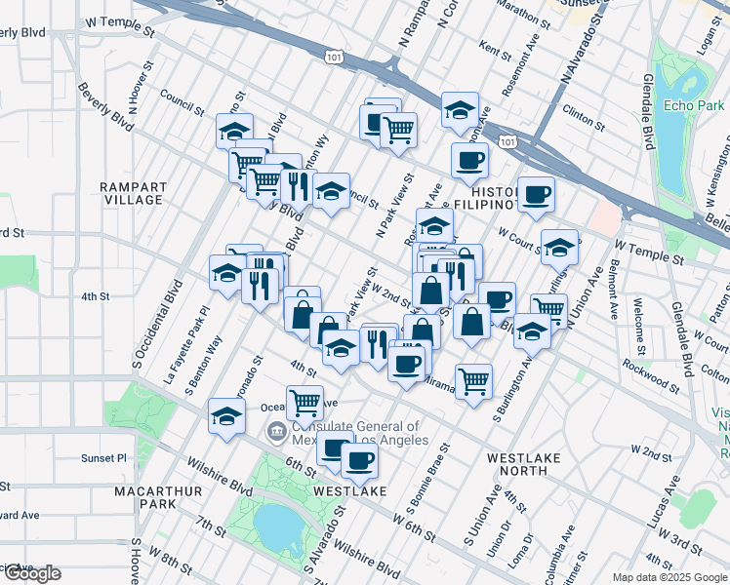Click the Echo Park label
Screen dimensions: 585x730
coord(691,105)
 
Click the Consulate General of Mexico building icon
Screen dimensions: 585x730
coord(277,431)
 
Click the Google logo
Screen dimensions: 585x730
coord(31,573)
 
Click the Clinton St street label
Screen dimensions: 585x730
coord(584,117)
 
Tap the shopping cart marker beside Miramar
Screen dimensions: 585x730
coord(473,381)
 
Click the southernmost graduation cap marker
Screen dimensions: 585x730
coord(226,416)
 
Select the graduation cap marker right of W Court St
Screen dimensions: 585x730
coord(559,247)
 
